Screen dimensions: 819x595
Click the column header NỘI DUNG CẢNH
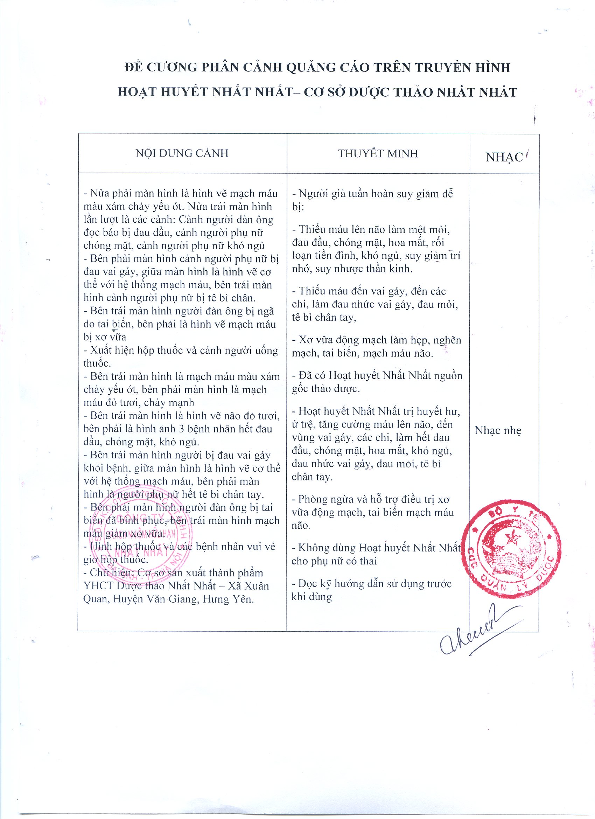click(x=182, y=153)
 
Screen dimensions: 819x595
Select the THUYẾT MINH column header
click(x=378, y=153)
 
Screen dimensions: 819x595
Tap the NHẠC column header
click(x=504, y=157)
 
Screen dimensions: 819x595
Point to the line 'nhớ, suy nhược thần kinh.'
click(x=352, y=269)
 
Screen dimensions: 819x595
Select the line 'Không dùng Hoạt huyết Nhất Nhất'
click(x=376, y=548)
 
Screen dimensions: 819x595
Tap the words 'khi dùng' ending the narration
click(x=311, y=597)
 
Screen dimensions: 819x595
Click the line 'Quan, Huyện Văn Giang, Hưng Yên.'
click(x=169, y=599)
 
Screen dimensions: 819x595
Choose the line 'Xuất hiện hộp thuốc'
click(x=181, y=350)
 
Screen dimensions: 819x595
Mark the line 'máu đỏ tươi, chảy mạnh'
click(x=139, y=403)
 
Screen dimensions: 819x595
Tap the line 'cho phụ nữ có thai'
click(x=334, y=561)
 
